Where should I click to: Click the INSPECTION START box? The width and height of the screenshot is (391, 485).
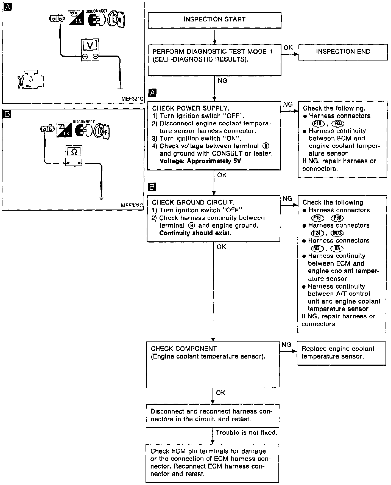coord(214,20)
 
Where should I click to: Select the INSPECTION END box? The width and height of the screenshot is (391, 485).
coord(343,52)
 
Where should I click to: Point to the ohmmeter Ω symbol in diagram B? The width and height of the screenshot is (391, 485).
coord(74,152)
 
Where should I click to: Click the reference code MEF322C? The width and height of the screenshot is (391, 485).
coord(132,205)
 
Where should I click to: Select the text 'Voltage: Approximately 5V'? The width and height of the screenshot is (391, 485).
coord(200,161)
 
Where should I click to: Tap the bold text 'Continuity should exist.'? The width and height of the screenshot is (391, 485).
coord(195,233)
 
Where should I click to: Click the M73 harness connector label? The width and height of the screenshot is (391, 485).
coord(337,233)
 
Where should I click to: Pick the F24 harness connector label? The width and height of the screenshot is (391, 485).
coord(318,233)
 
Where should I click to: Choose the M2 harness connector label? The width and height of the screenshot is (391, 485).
coord(317,248)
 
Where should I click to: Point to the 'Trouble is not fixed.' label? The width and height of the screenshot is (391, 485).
coord(246,432)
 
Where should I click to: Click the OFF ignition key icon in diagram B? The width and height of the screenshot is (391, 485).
coord(102,131)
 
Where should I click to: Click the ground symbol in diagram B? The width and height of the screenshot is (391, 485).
coord(101,197)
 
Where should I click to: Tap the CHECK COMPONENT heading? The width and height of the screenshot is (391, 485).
coord(184,348)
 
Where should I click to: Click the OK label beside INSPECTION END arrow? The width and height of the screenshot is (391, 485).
coord(288,48)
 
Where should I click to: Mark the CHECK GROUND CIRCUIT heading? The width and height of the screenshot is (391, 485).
coord(193,203)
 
